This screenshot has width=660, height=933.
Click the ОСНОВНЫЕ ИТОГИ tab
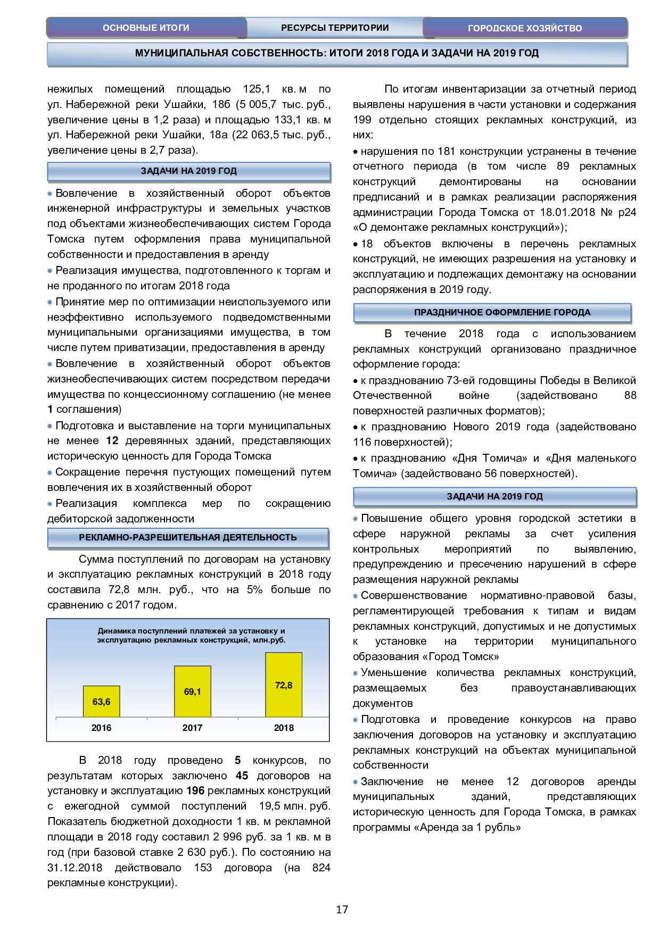146,28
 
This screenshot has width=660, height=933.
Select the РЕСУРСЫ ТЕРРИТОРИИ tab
335,28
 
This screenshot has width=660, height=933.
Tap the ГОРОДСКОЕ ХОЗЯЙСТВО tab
525,28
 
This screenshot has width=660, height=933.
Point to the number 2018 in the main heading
377,53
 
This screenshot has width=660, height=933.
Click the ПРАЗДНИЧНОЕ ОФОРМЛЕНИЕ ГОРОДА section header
502,312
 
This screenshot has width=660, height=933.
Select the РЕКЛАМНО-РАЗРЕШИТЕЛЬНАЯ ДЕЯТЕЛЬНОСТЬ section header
188,537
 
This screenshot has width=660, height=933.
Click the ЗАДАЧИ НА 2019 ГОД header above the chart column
188,171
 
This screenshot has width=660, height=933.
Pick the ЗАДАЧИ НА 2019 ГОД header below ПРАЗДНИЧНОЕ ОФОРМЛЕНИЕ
494,496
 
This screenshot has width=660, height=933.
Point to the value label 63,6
101,702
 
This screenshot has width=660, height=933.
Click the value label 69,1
193,692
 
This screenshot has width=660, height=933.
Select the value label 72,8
284,685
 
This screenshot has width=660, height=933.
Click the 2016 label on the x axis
101,728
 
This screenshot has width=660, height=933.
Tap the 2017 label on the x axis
193,728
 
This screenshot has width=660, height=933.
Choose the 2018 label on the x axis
284,728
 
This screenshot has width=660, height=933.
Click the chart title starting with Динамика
191,635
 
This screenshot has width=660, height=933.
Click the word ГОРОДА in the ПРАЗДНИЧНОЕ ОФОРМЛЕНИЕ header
572,312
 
